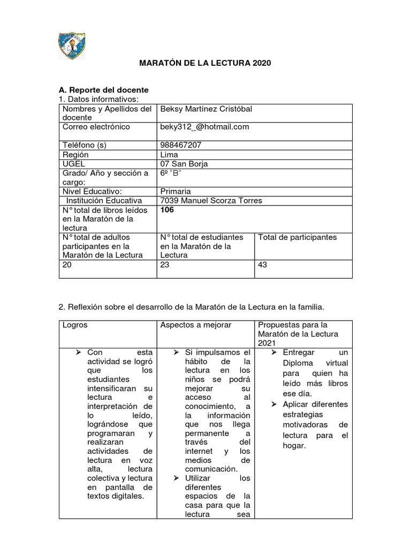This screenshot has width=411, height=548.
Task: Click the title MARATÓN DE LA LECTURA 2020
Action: (205, 63)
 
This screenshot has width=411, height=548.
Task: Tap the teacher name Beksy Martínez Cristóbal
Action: (206, 109)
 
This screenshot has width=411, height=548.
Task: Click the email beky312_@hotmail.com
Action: (204, 127)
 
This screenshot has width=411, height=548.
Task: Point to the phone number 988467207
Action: (181, 145)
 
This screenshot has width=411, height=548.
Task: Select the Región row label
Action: (75, 155)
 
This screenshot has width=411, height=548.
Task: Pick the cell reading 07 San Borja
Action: (184, 164)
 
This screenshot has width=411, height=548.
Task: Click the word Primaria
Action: (176, 191)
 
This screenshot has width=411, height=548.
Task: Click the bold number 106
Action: (167, 210)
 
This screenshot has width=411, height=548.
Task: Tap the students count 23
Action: (165, 264)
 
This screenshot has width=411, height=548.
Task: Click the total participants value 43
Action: (263, 264)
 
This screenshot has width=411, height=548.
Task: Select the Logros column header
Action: (75, 325)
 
